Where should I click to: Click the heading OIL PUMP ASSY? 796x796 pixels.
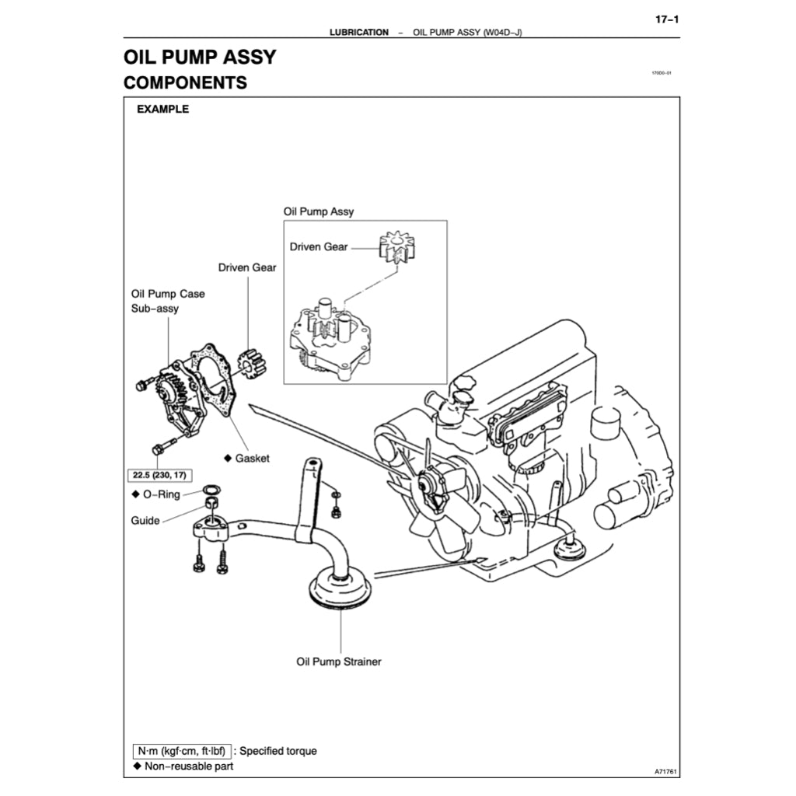tap(200, 57)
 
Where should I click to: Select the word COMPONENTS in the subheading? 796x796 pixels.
tap(185, 82)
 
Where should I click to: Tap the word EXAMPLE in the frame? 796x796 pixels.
tap(162, 110)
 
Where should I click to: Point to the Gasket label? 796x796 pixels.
tap(252, 459)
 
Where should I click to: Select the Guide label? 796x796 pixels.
tap(145, 521)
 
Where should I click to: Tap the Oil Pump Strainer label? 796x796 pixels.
tap(339, 662)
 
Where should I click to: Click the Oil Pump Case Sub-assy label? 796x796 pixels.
tap(168, 302)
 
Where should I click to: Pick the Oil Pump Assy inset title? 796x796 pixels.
tap(318, 211)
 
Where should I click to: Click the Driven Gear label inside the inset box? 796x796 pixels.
tap(319, 247)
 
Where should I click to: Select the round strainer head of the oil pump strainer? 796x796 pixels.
tap(341, 588)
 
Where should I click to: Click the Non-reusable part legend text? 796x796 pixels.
tap(188, 766)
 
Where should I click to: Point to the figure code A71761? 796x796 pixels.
tap(666, 772)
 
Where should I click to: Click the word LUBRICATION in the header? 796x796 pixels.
tap(358, 33)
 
